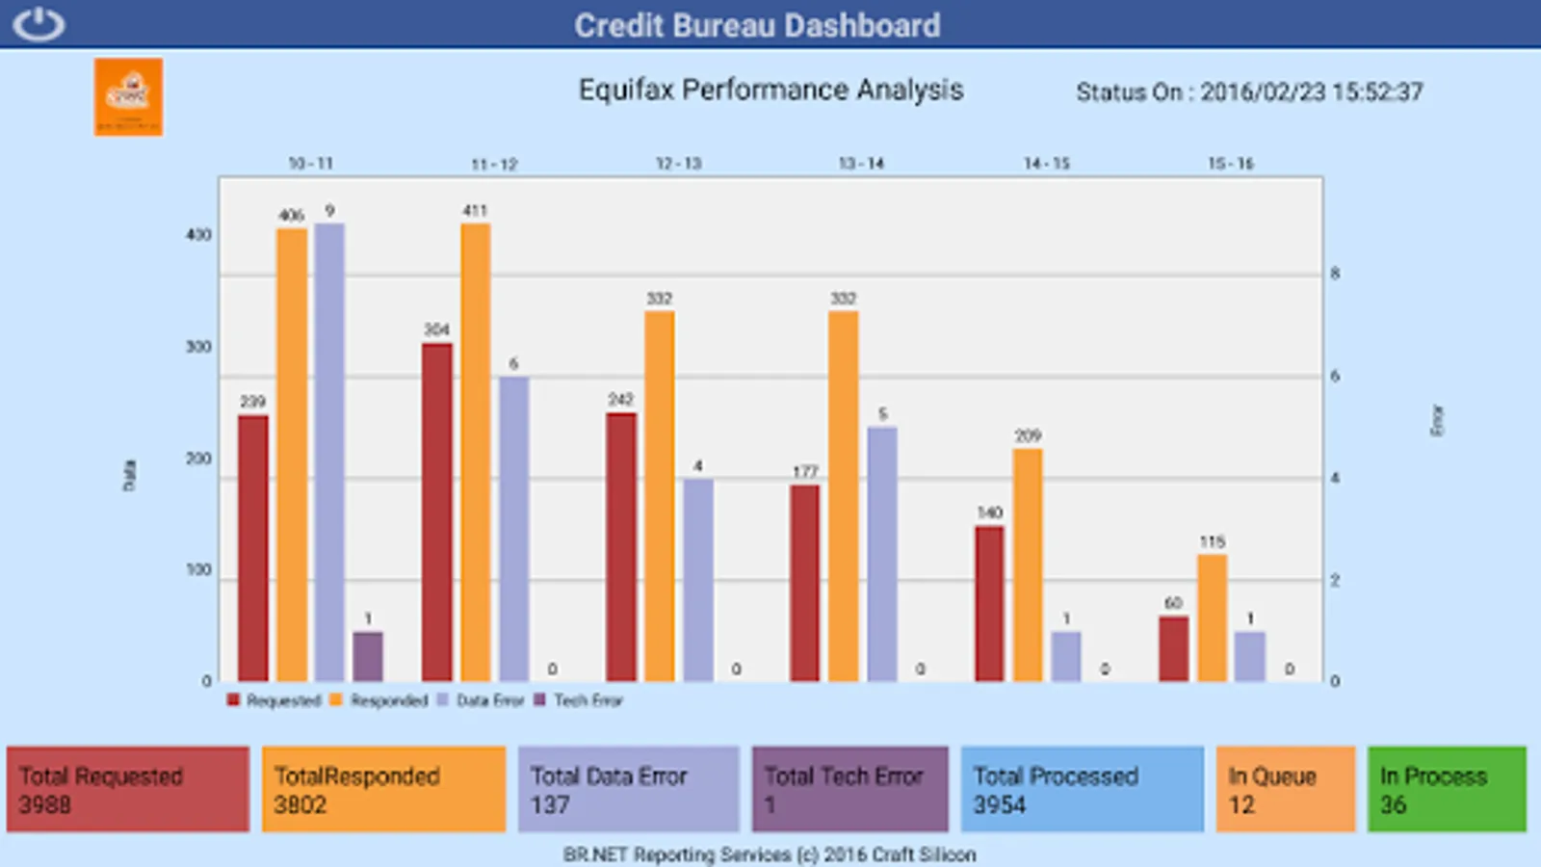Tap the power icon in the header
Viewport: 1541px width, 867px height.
[39, 24]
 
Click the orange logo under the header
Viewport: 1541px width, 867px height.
[128, 96]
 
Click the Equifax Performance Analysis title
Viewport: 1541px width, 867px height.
[770, 90]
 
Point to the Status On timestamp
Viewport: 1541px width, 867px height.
[1249, 92]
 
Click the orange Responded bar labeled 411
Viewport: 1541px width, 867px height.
[476, 453]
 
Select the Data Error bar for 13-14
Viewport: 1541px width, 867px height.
[882, 554]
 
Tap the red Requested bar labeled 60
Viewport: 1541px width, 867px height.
[1173, 648]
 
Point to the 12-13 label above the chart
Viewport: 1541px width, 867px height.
[678, 164]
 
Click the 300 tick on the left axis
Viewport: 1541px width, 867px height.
[198, 347]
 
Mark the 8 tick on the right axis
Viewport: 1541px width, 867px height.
[1335, 274]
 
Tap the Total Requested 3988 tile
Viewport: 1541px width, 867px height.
[128, 789]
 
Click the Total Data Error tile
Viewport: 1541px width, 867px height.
[628, 789]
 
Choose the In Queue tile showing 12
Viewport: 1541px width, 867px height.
[1285, 789]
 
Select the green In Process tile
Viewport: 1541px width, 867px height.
[1447, 789]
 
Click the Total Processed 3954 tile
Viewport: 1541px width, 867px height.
[1082, 789]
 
